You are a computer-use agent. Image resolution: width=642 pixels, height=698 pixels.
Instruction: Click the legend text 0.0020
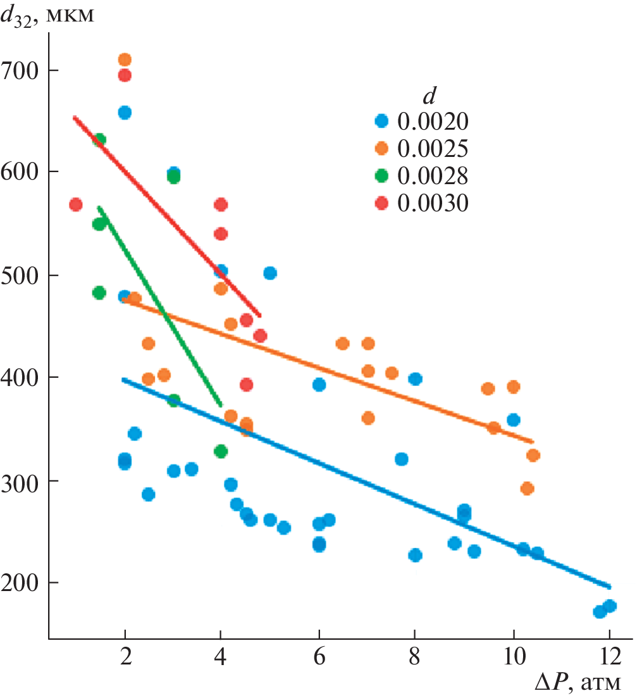pos(433,120)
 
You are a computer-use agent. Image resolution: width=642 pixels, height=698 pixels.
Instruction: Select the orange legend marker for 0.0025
pos(381,147)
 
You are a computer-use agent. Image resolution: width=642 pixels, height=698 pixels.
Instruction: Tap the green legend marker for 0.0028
pos(381,175)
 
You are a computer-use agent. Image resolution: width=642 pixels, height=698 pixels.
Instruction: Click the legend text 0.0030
pos(433,203)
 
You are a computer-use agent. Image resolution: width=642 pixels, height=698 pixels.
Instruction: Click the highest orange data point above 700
pos(125,60)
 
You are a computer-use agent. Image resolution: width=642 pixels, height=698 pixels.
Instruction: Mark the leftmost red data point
pos(76,204)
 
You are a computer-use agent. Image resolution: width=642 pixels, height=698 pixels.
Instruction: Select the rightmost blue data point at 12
pos(610,606)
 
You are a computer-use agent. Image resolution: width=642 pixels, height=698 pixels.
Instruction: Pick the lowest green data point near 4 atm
pos(221,451)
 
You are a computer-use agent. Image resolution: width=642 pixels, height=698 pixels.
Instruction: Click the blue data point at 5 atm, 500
pos(270,273)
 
